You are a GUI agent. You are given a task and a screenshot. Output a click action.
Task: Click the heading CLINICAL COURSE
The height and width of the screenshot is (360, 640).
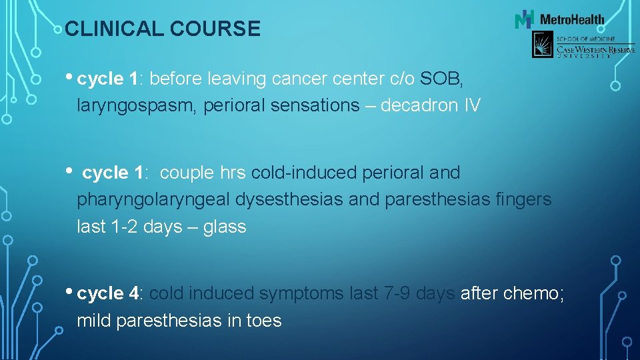click(x=163, y=29)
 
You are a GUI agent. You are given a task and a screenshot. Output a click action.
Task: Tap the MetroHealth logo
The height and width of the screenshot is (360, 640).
click(x=559, y=19)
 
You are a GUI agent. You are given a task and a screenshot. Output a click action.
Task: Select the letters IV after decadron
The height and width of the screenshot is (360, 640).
click(x=470, y=106)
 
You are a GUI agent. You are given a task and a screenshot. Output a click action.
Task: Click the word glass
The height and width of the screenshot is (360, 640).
click(x=224, y=227)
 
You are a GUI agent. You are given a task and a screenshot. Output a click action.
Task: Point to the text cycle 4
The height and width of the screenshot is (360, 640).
click(x=111, y=293)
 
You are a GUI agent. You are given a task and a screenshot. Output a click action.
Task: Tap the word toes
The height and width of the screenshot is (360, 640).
click(x=264, y=321)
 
